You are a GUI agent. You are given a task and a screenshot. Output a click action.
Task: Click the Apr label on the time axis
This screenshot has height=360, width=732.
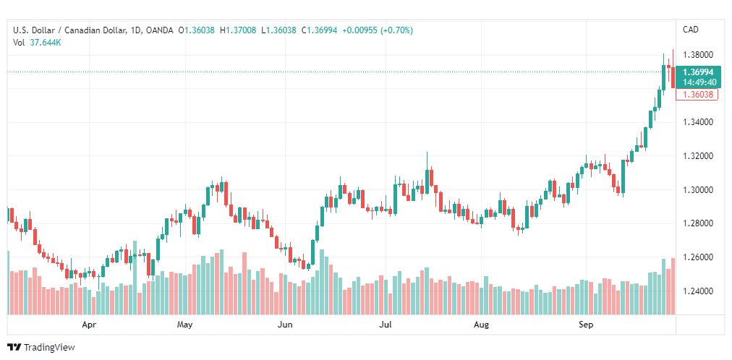(89, 325)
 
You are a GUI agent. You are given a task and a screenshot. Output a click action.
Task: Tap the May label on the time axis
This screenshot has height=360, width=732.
(184, 325)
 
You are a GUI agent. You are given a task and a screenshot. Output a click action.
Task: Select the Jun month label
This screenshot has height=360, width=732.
(285, 325)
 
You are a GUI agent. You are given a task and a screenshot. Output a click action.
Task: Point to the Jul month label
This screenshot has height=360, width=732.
(386, 325)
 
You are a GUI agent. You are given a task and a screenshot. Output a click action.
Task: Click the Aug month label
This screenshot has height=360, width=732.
(481, 325)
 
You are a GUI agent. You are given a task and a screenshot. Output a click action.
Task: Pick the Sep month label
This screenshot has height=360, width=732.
(586, 325)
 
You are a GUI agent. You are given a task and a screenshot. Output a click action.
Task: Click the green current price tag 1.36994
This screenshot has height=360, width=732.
(698, 72)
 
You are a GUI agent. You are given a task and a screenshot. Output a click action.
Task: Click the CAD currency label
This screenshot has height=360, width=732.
(690, 30)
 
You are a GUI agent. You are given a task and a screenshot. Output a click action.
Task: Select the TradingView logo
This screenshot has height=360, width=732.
(41, 348)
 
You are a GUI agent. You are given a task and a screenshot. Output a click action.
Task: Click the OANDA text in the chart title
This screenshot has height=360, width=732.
(159, 30)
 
